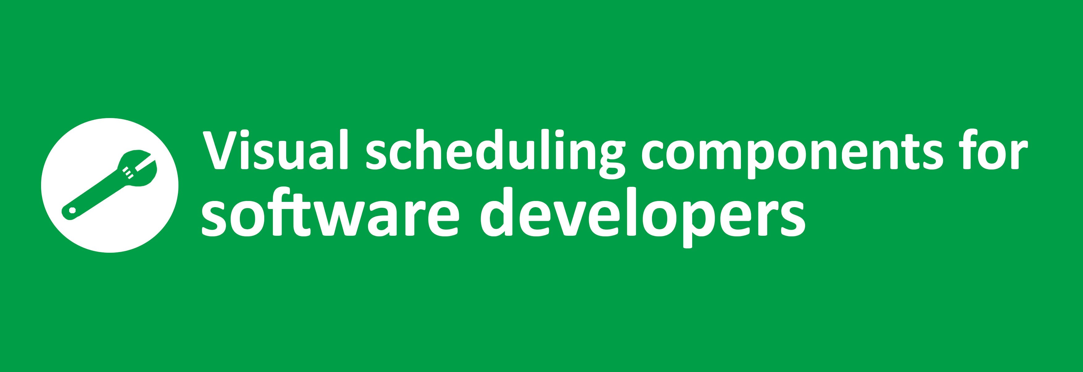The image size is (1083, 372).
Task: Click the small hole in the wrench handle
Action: click(72, 210)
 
